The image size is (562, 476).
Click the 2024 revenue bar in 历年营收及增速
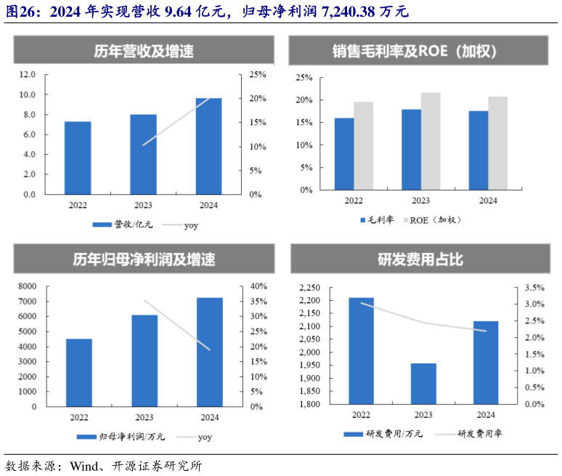209,146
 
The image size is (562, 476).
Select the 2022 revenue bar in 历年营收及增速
78,158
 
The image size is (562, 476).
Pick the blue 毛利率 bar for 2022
344,153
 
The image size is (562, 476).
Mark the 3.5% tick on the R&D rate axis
534,288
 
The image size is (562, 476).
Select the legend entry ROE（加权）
436,220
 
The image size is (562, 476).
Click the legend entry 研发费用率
480,434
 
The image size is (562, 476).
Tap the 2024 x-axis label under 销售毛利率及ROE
488,201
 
